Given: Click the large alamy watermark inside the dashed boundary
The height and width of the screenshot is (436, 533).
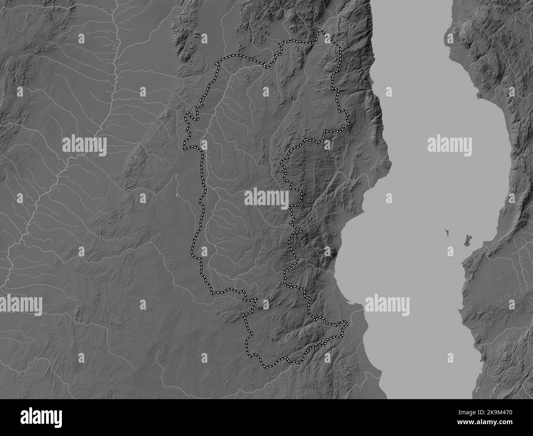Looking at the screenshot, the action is click(266, 198).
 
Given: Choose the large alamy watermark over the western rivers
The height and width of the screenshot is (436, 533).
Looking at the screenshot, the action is click(84, 145).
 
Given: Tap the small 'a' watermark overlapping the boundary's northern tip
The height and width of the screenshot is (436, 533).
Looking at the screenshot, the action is click(327, 38).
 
